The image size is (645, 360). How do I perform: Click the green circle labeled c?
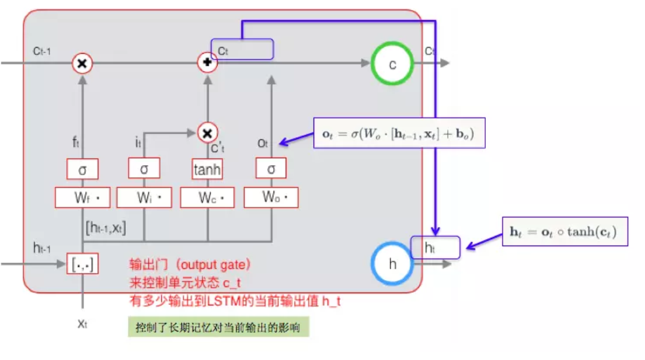[392, 64]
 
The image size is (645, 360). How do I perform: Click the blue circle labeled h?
[392, 264]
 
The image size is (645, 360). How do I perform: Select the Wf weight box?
[83, 197]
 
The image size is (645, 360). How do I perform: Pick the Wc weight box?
[207, 197]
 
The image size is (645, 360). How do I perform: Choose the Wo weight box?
[271, 197]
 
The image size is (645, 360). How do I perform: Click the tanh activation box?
[207, 169]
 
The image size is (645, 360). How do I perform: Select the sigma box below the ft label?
[83, 169]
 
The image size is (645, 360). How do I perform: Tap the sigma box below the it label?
[144, 169]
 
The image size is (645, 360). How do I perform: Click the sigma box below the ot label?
[271, 169]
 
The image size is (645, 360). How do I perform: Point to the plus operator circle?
[207, 63]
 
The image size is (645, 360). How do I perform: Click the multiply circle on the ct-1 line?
[82, 63]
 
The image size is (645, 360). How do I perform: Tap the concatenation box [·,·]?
[82, 263]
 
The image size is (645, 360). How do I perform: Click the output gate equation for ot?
[399, 133]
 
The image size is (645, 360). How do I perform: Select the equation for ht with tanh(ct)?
[565, 231]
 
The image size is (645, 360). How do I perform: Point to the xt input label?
[82, 324]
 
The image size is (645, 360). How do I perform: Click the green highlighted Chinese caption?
[218, 328]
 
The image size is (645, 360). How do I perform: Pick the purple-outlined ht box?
[435, 247]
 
